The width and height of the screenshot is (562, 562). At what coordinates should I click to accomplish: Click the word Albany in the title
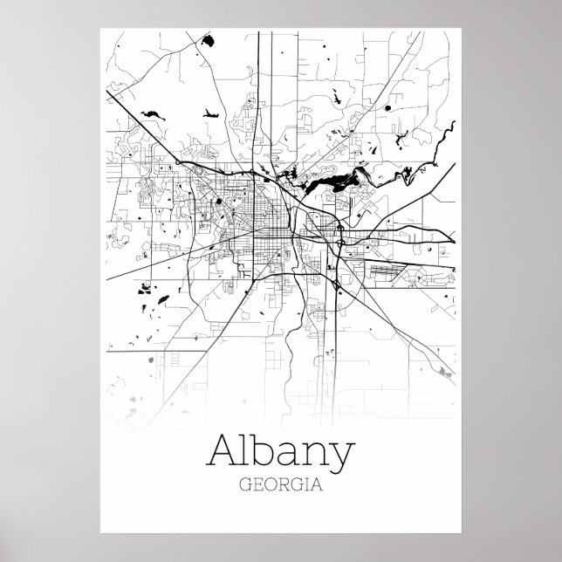pos(281,453)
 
